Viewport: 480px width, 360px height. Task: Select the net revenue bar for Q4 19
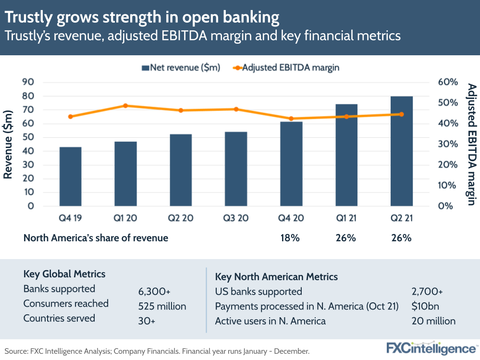[70, 176]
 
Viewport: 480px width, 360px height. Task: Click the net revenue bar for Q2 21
[401, 151]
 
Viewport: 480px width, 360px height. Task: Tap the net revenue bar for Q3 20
[236, 169]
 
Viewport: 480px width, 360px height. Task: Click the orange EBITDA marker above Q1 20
[125, 106]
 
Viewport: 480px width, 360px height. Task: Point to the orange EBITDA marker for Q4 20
[291, 119]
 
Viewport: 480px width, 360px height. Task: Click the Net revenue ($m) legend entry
[181, 68]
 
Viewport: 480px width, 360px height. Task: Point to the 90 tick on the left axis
[28, 82]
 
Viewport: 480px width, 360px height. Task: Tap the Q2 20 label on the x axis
[181, 218]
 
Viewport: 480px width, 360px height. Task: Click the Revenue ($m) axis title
[8, 144]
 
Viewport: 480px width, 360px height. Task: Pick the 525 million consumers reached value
[162, 306]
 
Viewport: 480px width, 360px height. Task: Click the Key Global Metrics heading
[64, 274]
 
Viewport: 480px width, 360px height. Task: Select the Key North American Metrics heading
[276, 277]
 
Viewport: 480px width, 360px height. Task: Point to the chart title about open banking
[142, 18]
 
